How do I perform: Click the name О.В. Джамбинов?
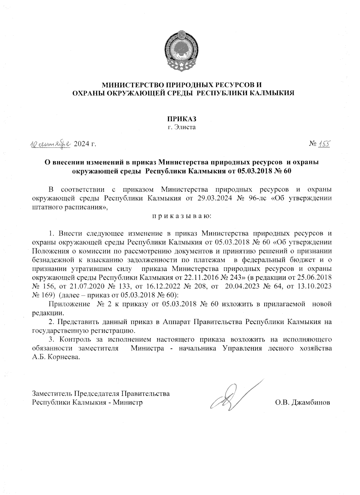point(302,402)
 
